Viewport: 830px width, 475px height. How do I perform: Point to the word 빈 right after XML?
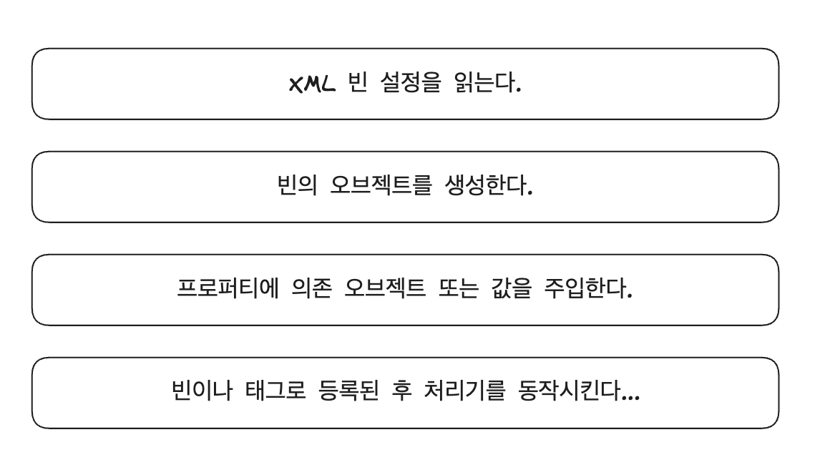point(353,84)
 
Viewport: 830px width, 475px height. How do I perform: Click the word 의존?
point(291,290)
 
